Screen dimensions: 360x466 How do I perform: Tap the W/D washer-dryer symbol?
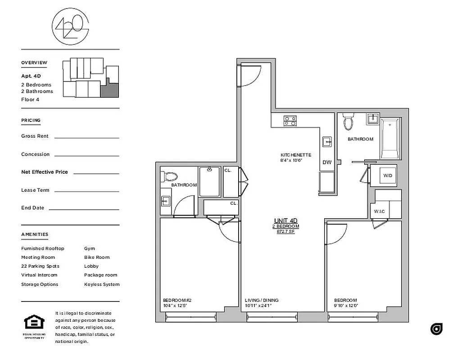pyautogui.click(x=388, y=175)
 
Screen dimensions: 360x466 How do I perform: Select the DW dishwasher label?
pyautogui.click(x=327, y=162)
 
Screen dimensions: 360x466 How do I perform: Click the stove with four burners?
pyautogui.click(x=290, y=120)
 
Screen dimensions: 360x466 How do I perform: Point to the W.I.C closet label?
pyautogui.click(x=378, y=211)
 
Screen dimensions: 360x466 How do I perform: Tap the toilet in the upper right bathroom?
pyautogui.click(x=348, y=121)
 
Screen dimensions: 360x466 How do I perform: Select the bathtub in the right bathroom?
pyautogui.click(x=390, y=138)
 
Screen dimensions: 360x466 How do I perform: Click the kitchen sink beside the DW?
pyautogui.click(x=327, y=142)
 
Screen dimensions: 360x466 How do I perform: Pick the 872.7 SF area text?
pyautogui.click(x=286, y=231)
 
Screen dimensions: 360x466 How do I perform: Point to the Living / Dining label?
pyautogui.click(x=262, y=300)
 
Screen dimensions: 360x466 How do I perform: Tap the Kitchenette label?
pyautogui.click(x=295, y=155)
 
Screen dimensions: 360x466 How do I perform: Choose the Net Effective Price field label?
pyautogui.click(x=45, y=172)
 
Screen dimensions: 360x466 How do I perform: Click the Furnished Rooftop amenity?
pyautogui.click(x=43, y=248)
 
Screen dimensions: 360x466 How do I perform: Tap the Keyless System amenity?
pyautogui.click(x=102, y=284)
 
